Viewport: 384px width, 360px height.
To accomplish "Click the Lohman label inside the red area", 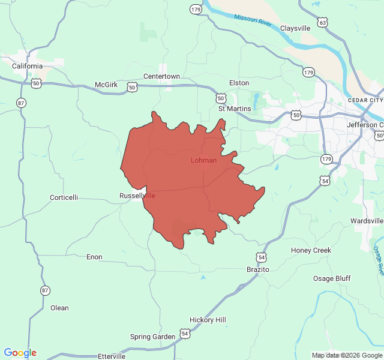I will point(203,160).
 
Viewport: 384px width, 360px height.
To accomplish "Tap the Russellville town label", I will point(137,196).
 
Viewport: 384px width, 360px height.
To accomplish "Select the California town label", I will point(27,66).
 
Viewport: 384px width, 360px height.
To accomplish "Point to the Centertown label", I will point(161,76).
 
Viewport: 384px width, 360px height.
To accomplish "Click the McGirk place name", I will point(106,85).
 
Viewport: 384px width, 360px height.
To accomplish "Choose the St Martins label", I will point(235,109).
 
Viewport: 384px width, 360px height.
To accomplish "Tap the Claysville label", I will point(295,28).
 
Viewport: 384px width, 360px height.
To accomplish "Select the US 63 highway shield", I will point(323,23).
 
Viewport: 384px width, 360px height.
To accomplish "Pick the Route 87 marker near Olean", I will point(45,290).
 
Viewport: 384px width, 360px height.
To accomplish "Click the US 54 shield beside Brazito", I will point(261,257).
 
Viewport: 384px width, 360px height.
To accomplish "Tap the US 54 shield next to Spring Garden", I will point(185,334).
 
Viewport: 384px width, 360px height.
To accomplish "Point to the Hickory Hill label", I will point(208,320).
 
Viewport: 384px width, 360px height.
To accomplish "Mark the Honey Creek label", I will point(311,250).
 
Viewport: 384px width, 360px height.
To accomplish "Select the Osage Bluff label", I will point(332,278).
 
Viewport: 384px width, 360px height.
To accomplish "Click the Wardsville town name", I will point(367,221).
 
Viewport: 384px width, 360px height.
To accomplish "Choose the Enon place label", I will point(94,257).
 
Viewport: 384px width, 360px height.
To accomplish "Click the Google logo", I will point(20,353).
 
